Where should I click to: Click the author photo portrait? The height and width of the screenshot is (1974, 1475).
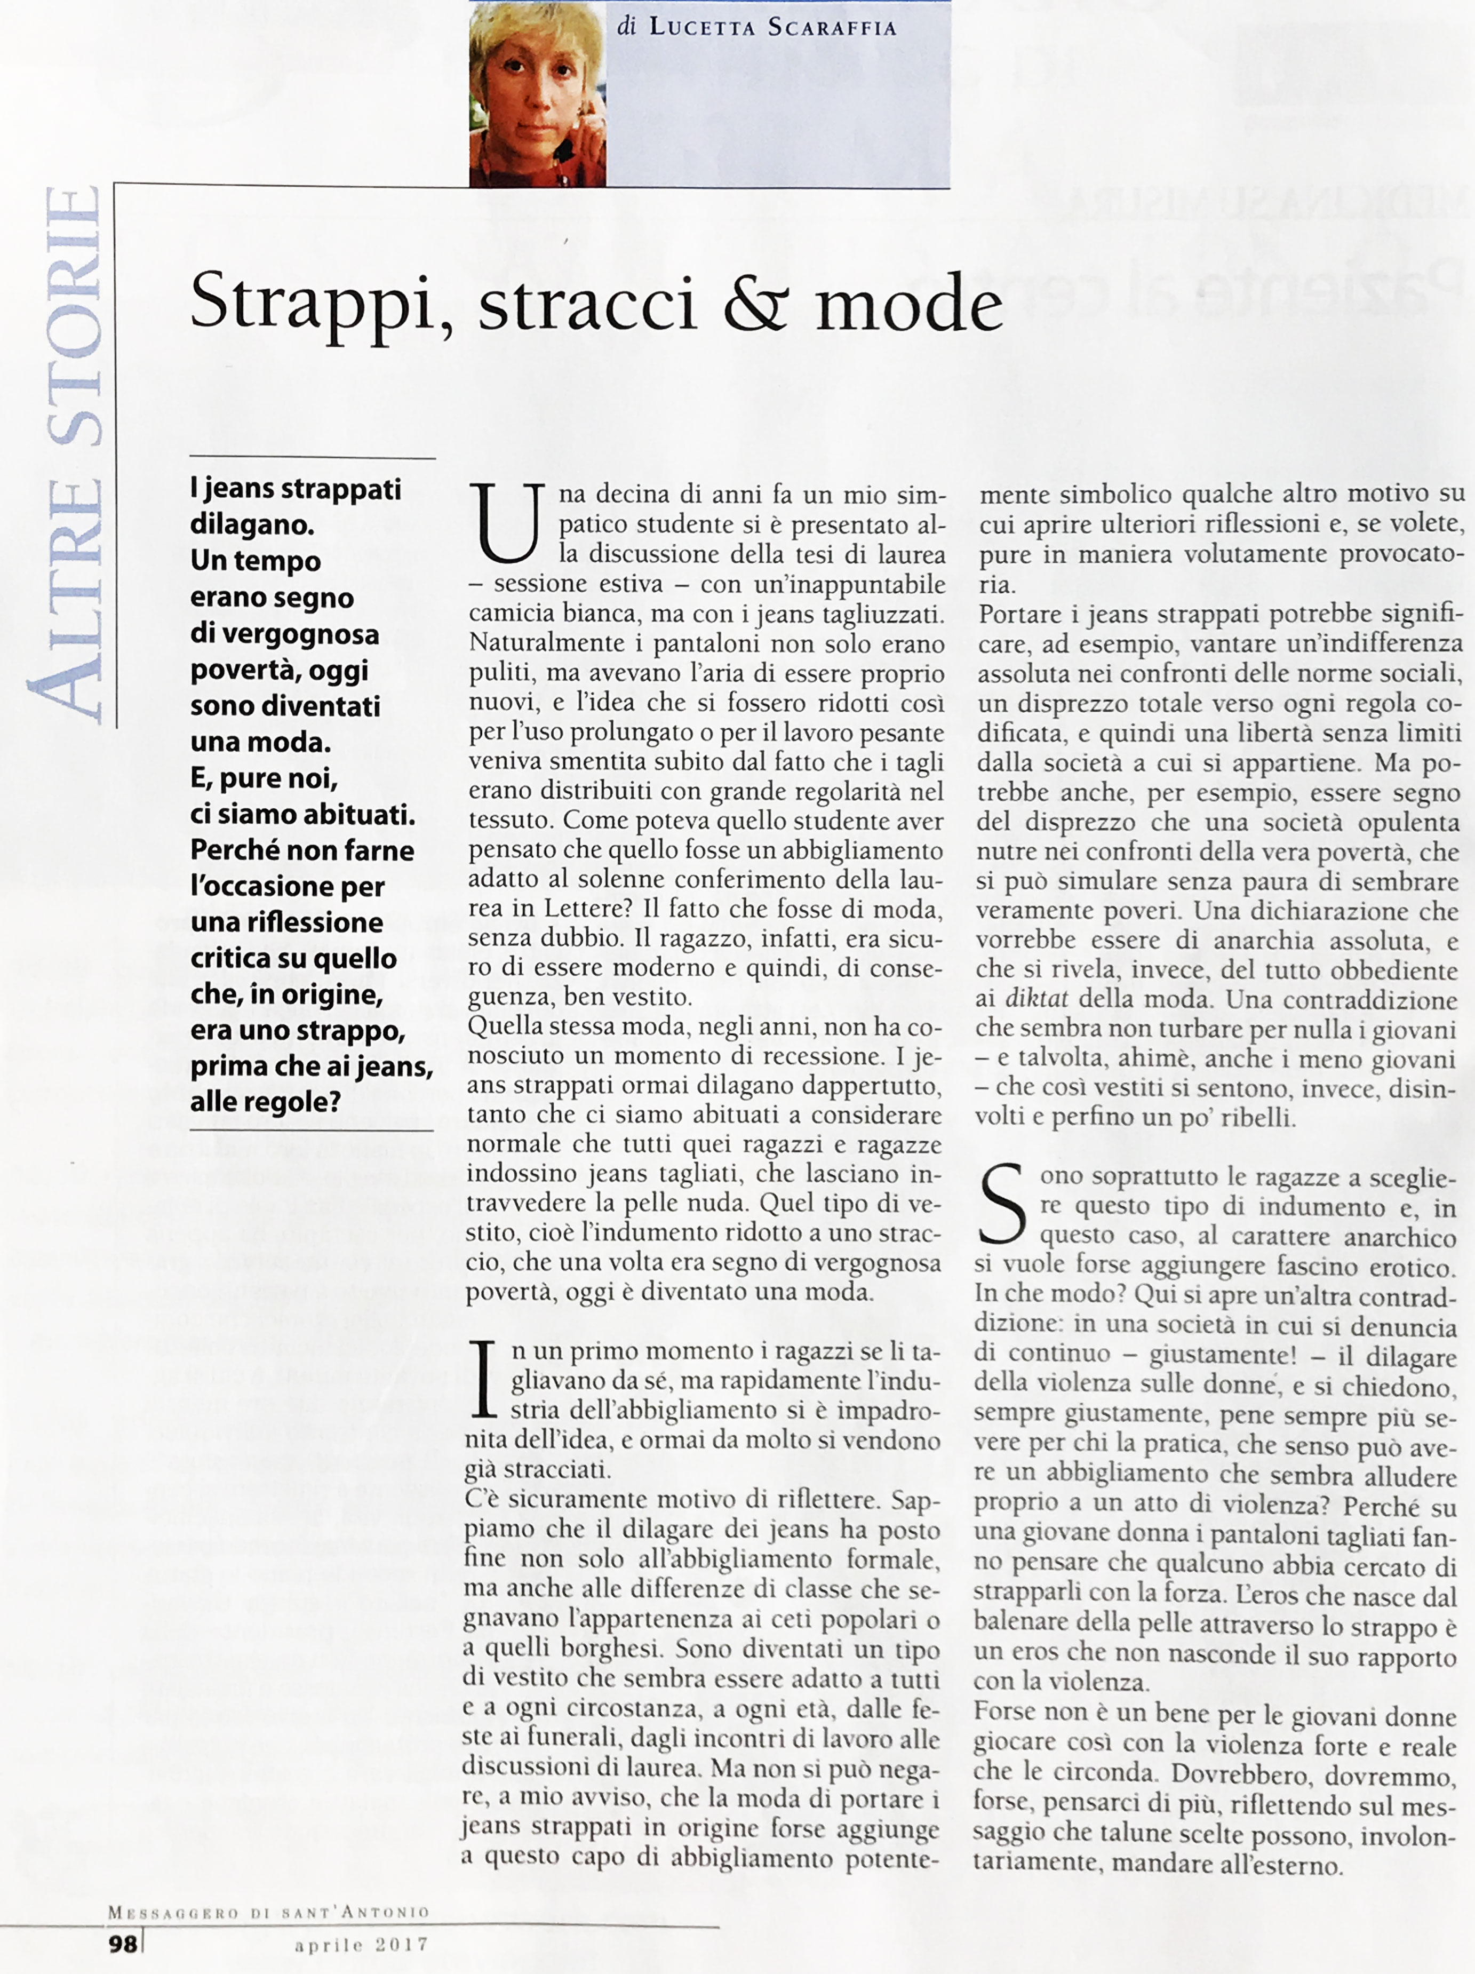click(537, 94)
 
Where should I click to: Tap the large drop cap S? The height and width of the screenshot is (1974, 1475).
click(1004, 1205)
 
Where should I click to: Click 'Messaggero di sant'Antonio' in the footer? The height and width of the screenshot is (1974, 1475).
click(268, 1913)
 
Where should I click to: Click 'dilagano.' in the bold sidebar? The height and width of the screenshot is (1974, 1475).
click(252, 525)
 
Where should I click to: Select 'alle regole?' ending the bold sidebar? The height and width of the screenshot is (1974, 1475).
click(266, 1102)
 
